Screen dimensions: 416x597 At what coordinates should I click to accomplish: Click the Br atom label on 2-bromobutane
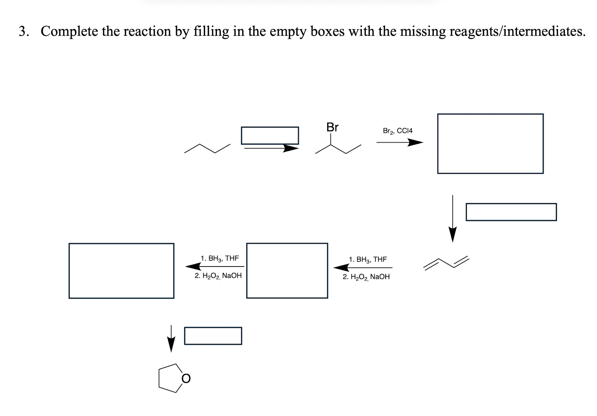tap(332, 127)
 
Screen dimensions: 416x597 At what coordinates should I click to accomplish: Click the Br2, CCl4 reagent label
tap(397, 131)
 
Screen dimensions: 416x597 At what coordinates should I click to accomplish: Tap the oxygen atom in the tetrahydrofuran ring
tap(186, 378)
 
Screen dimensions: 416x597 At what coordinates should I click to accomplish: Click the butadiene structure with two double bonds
tap(446, 262)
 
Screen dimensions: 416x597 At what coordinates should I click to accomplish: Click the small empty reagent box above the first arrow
tap(269, 135)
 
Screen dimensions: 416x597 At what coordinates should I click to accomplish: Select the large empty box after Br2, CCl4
tap(490, 144)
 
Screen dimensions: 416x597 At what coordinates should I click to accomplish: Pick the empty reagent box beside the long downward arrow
tap(511, 212)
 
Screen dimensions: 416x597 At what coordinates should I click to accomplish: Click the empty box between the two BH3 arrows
tap(287, 271)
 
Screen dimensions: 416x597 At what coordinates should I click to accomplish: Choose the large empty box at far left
tap(121, 271)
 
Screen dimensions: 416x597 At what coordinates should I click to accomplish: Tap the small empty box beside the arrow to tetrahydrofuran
tap(213, 336)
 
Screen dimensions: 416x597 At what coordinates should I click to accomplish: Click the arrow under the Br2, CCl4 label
tap(400, 142)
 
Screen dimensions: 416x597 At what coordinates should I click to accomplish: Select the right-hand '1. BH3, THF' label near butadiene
tap(368, 259)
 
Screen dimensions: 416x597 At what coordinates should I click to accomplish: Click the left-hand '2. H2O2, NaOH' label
tap(218, 276)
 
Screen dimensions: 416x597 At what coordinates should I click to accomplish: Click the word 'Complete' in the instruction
tap(69, 31)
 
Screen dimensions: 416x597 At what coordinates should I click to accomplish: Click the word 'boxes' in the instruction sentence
tap(328, 31)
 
